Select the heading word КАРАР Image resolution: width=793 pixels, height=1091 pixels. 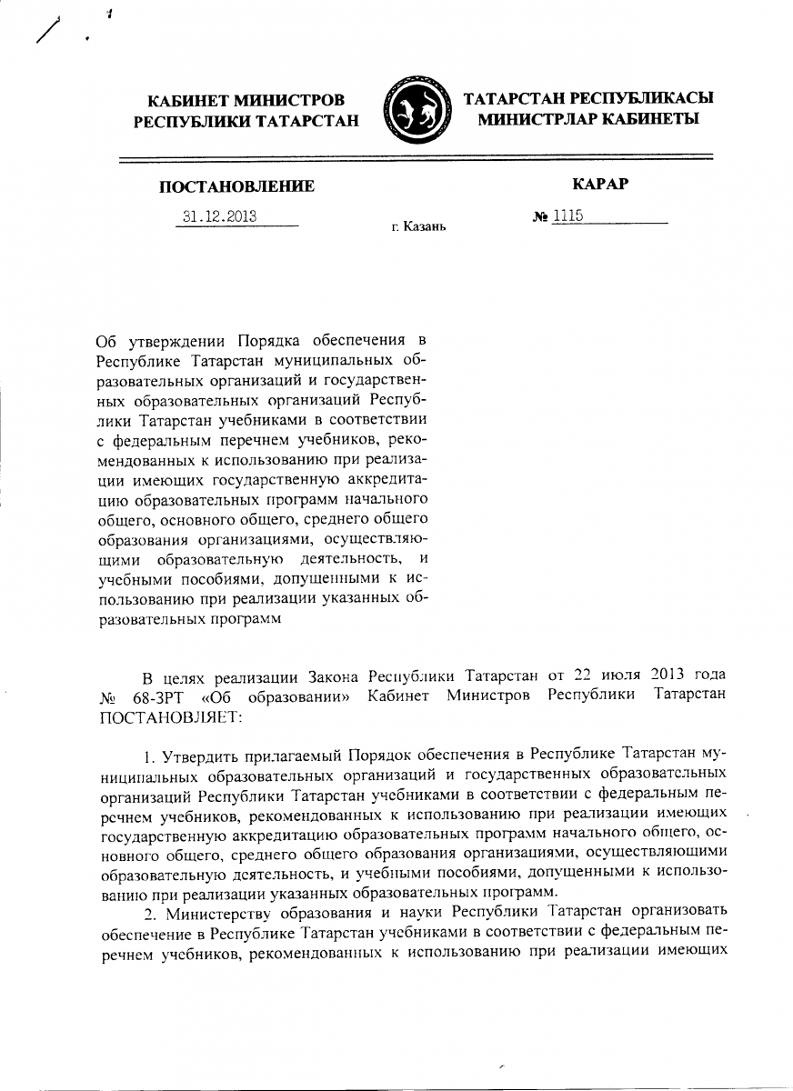pos(601,185)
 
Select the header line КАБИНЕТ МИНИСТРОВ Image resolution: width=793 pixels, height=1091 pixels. pos(246,99)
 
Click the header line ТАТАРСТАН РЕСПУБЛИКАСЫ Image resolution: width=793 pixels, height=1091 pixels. pos(588,98)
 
